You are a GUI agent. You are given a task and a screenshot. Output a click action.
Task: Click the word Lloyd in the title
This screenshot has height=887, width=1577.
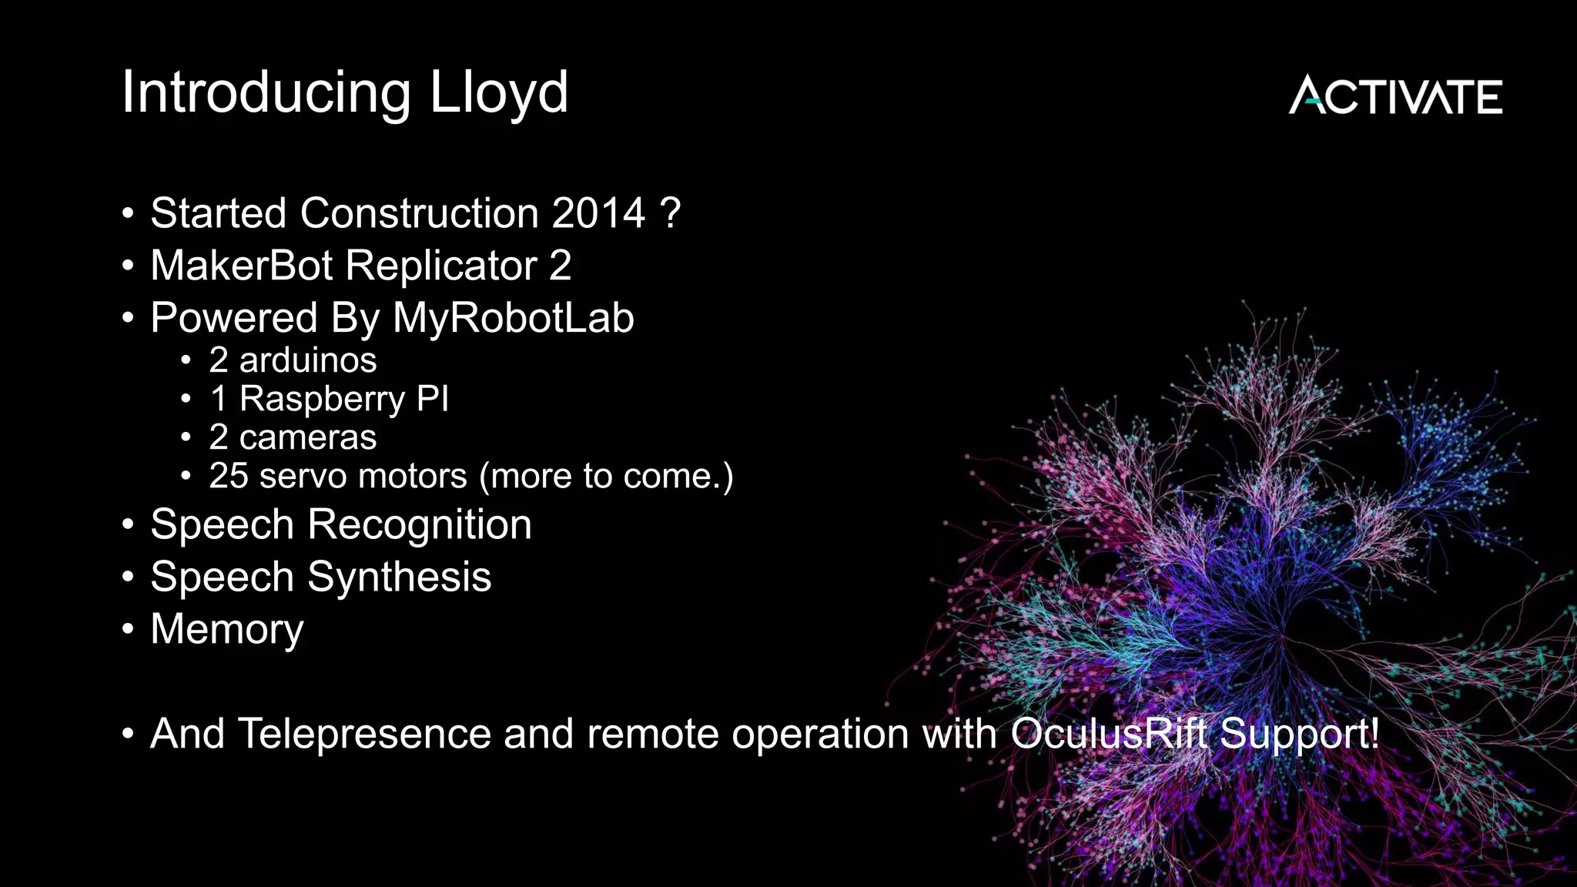click(498, 93)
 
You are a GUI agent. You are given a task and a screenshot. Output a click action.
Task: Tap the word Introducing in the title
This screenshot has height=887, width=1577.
click(266, 93)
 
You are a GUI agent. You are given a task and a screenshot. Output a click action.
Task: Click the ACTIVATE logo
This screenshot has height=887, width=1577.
click(1395, 95)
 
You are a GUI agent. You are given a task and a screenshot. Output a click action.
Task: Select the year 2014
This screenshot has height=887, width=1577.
click(598, 213)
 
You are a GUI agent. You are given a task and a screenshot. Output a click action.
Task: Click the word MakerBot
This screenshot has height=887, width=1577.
click(241, 266)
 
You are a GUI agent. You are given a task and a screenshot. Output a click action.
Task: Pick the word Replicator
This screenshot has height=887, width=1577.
click(441, 266)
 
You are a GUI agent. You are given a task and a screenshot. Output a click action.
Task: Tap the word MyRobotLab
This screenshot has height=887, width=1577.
click(513, 318)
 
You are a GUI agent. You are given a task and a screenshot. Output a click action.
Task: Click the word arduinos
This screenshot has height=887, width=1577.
click(307, 360)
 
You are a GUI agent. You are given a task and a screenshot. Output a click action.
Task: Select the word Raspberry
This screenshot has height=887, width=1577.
click(322, 400)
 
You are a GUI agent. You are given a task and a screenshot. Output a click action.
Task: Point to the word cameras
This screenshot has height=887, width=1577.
click(307, 437)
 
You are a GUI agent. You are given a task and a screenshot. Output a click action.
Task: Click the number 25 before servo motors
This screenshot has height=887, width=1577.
click(229, 476)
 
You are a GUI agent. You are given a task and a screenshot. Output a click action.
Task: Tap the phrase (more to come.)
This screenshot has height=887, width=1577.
click(606, 476)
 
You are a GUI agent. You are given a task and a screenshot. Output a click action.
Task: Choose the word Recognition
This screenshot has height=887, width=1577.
click(419, 525)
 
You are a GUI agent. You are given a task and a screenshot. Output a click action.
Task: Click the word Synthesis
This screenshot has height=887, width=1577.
click(399, 577)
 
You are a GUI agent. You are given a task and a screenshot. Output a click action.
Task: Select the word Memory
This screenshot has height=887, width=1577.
click(226, 630)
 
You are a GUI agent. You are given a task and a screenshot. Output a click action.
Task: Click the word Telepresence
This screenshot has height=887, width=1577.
click(364, 733)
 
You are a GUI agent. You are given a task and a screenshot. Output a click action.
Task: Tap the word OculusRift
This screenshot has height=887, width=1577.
click(1108, 733)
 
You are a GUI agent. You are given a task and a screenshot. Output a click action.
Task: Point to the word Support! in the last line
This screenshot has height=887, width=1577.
click(1300, 733)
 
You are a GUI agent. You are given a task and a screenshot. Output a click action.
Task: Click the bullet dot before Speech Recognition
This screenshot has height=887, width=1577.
click(128, 525)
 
